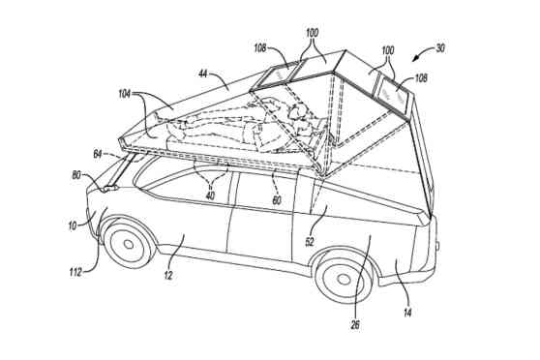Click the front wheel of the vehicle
click(x=129, y=244)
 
